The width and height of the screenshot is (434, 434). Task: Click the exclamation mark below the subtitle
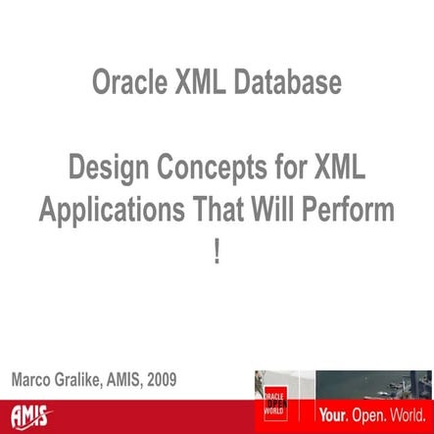pyautogui.click(x=217, y=248)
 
